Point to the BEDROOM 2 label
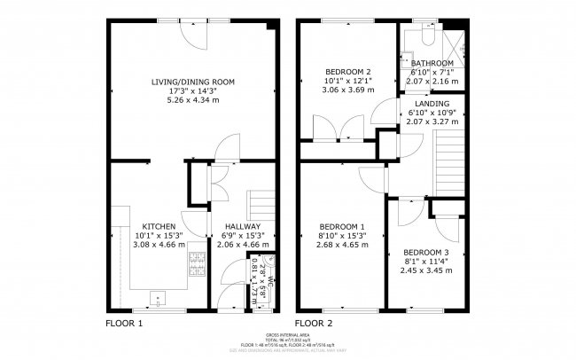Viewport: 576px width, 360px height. [341, 72]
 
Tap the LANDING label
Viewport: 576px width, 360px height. [430, 103]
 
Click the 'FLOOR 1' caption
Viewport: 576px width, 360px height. [124, 323]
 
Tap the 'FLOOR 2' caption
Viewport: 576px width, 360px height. [314, 323]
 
